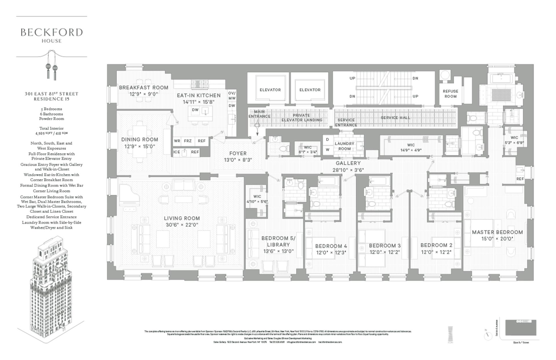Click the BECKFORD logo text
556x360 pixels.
coord(52,32)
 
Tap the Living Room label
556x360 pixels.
coord(182,218)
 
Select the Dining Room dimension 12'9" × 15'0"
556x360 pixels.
coord(140,147)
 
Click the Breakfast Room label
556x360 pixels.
coord(144,87)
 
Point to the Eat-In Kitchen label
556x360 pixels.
coord(199,95)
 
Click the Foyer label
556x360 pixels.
coord(238,153)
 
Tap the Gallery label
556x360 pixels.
coord(348,163)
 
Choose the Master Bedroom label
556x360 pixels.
coord(497,232)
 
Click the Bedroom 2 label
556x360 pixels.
coord(436,245)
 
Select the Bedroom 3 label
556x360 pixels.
coord(385,246)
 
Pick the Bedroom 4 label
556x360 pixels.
coord(331,246)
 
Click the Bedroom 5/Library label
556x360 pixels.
coord(278,241)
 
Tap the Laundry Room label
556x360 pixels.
coord(344,146)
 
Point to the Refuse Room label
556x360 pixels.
coord(450,94)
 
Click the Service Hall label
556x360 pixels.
coord(395,118)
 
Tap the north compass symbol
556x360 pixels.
coord(488,335)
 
